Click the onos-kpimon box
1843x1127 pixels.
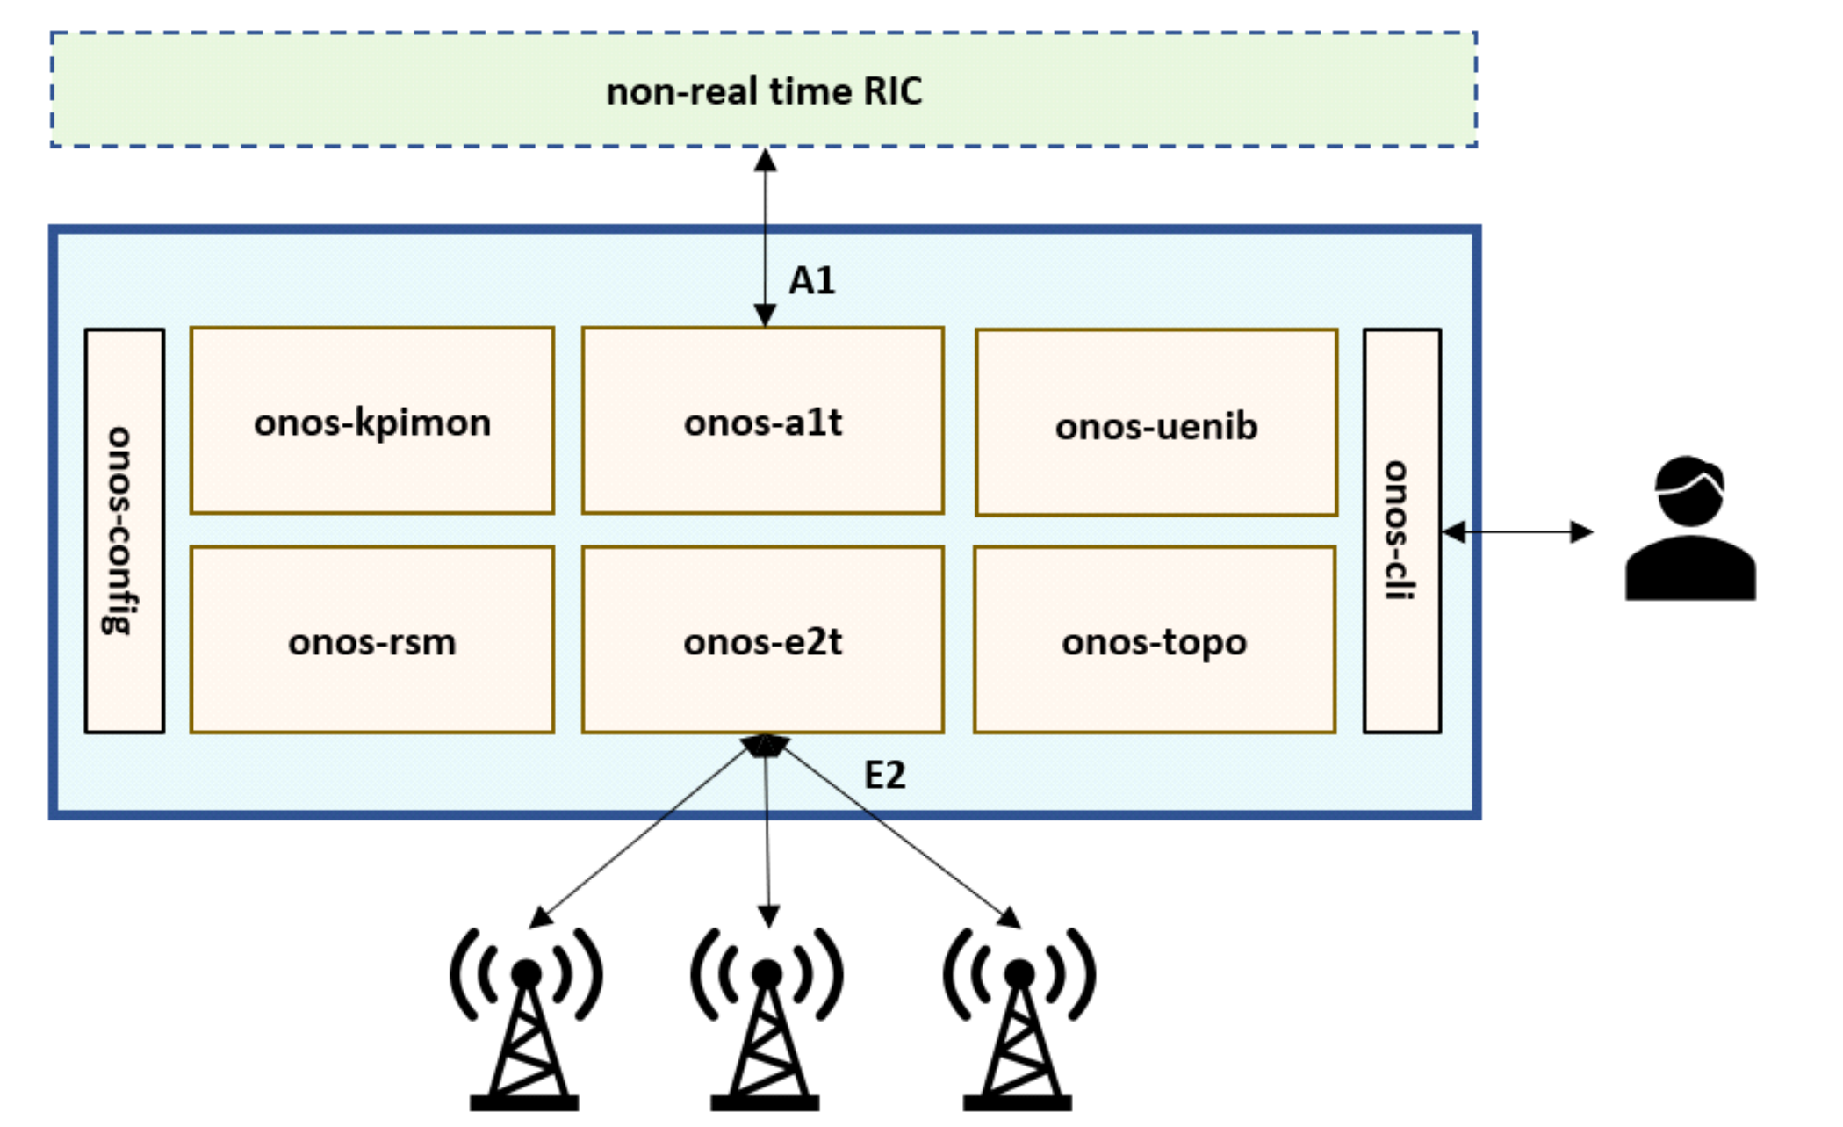[371, 421]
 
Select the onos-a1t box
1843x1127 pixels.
[762, 421]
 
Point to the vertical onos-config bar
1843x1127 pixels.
[124, 531]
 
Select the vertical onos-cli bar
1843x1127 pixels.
[1401, 531]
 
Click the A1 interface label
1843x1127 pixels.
[811, 281]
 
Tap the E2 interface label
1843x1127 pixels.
[884, 775]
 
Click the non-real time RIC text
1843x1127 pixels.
[764, 91]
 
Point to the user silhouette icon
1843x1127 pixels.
[1690, 529]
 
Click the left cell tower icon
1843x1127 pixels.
[525, 1019]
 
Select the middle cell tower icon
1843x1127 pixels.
[767, 1019]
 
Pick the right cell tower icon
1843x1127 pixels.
[1019, 1019]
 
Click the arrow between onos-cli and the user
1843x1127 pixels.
[1517, 531]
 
